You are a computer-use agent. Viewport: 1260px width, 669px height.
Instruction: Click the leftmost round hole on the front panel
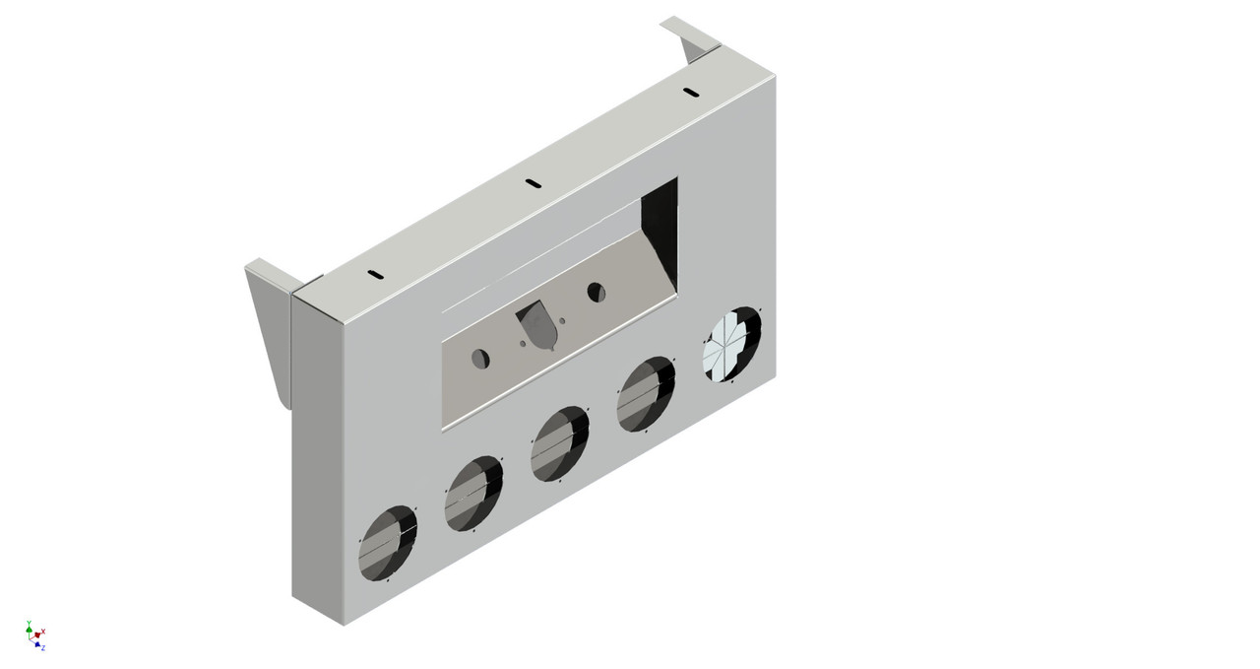(x=388, y=542)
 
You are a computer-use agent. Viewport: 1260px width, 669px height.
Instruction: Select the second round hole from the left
(x=473, y=494)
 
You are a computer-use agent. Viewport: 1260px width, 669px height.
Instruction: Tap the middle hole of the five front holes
(x=559, y=444)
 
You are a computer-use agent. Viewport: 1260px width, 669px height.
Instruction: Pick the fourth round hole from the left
(x=646, y=394)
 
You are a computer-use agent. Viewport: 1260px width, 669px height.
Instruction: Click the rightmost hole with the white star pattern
(x=732, y=344)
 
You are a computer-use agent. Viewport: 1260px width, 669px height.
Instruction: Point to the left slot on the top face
(x=373, y=275)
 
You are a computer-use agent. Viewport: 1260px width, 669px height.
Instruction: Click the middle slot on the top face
(x=533, y=183)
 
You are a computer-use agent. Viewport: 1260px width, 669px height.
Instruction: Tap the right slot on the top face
(x=691, y=94)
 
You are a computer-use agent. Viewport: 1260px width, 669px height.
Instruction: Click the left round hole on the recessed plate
(x=480, y=359)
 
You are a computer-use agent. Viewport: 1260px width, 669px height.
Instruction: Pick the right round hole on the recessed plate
(x=596, y=292)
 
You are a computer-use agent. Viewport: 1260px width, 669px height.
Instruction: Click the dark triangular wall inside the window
(x=660, y=227)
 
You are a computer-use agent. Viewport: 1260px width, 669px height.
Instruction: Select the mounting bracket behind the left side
(x=269, y=325)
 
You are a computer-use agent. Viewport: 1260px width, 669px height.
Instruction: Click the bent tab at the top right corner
(x=689, y=36)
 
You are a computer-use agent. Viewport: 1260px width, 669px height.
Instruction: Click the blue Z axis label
(x=43, y=648)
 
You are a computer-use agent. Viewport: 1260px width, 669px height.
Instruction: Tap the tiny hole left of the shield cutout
(x=522, y=343)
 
